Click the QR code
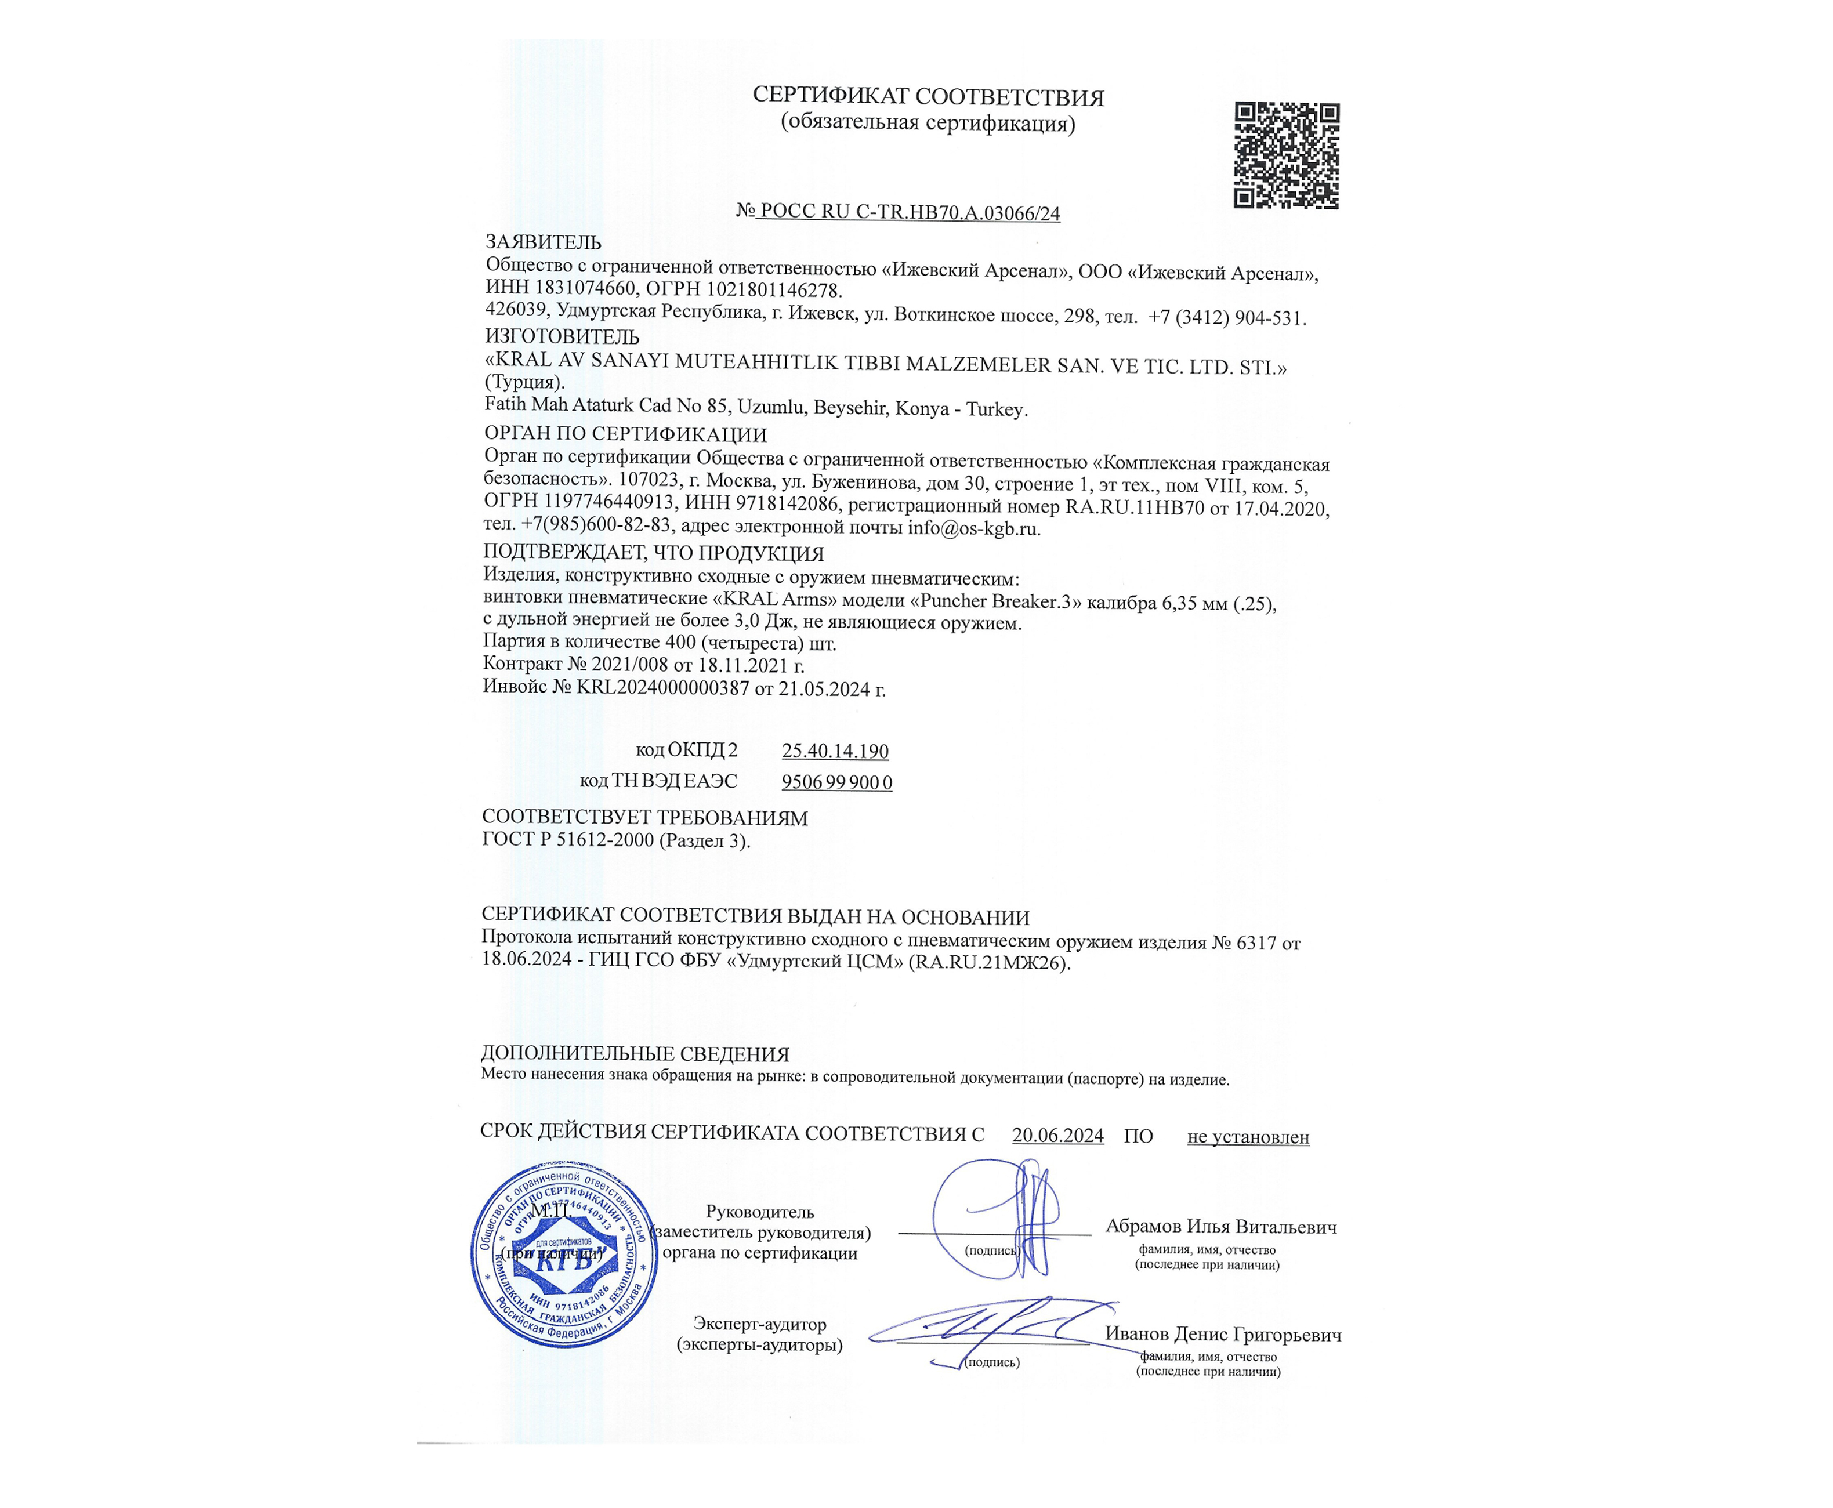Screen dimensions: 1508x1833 click(x=1285, y=155)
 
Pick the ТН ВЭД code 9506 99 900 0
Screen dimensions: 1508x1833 click(x=836, y=782)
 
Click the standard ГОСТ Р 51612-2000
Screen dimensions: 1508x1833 click(x=567, y=840)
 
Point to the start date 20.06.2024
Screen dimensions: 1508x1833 click(x=1057, y=1135)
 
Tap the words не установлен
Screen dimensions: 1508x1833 click(x=1248, y=1136)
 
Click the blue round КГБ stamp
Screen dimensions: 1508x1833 click(x=564, y=1255)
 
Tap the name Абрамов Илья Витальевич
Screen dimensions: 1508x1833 click(x=1220, y=1227)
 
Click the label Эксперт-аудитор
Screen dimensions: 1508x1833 click(x=759, y=1324)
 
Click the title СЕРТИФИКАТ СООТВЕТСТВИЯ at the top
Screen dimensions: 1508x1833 click(x=928, y=97)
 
